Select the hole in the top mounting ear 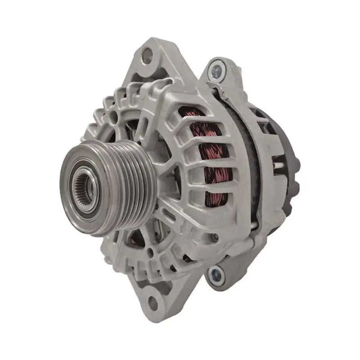147,56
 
